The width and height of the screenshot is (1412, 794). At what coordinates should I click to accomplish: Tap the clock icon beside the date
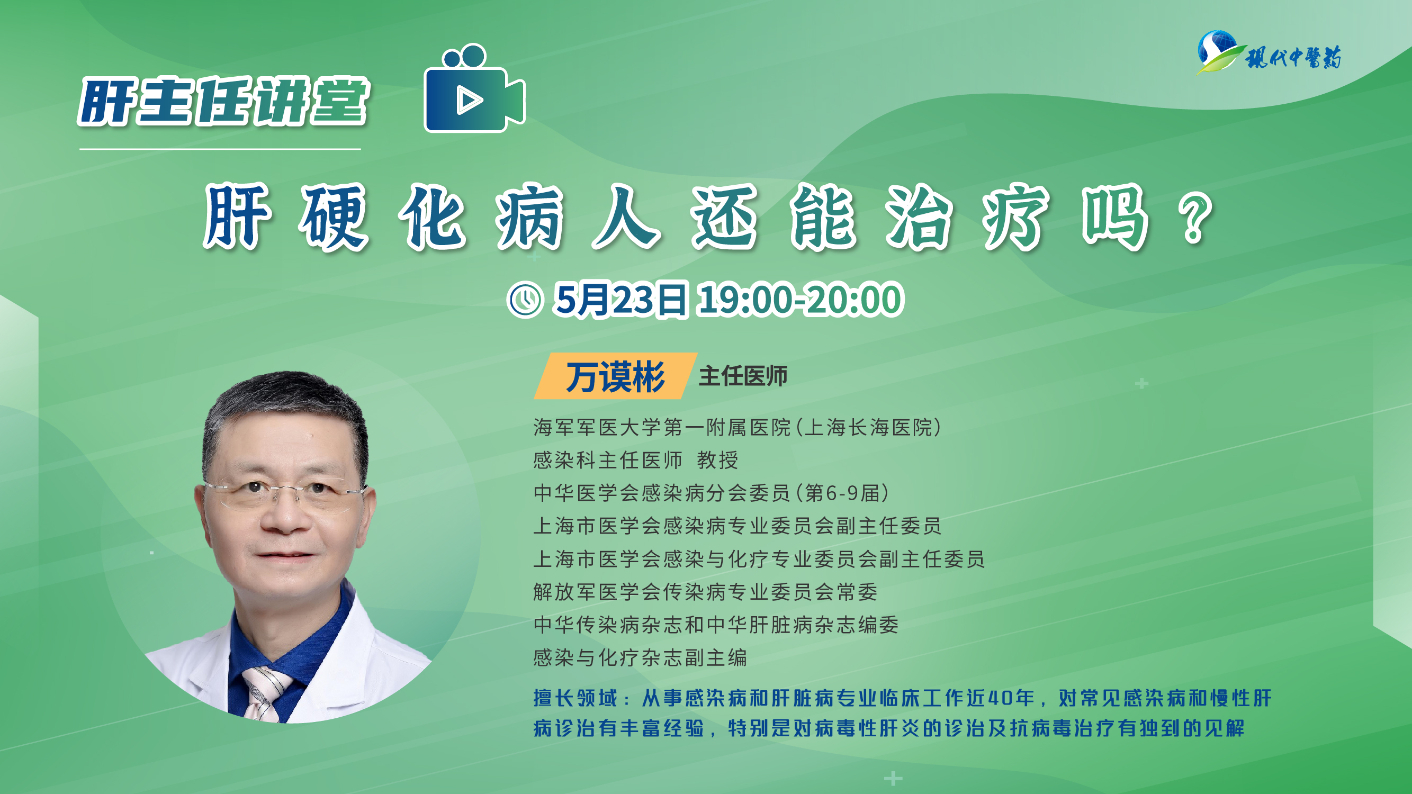[x=525, y=299]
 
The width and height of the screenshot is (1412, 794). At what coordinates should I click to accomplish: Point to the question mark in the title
[x=1196, y=220]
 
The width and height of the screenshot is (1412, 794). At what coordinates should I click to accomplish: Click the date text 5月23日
[x=619, y=299]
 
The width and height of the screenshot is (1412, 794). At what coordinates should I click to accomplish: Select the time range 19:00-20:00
[x=800, y=299]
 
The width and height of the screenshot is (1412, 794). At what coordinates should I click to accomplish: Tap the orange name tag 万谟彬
[x=616, y=376]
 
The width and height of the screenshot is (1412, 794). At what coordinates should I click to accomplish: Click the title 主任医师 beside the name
[x=743, y=376]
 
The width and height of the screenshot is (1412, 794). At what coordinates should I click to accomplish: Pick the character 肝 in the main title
[x=237, y=216]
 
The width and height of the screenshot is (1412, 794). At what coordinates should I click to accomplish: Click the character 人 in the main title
[x=626, y=216]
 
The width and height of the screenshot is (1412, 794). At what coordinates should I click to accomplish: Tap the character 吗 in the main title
[x=1115, y=216]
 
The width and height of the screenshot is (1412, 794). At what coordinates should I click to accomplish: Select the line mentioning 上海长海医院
[x=738, y=427]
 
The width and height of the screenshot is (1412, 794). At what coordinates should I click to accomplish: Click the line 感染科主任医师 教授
[x=636, y=461]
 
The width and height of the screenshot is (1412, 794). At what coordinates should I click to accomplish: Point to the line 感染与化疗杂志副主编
[x=640, y=657]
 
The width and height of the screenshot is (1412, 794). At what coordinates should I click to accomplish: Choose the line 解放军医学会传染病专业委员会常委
[x=705, y=592]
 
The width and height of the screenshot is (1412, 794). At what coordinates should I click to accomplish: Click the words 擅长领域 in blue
[x=575, y=698]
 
